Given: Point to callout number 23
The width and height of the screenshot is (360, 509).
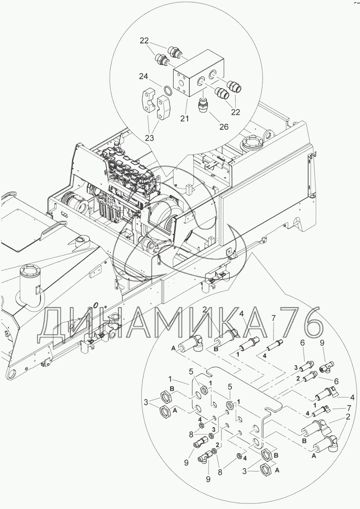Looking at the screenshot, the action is pyautogui.click(x=150, y=137).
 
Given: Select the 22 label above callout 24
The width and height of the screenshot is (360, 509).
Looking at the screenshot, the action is pyautogui.click(x=145, y=41).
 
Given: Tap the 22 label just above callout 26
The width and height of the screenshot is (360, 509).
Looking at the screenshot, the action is pyautogui.click(x=235, y=112).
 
